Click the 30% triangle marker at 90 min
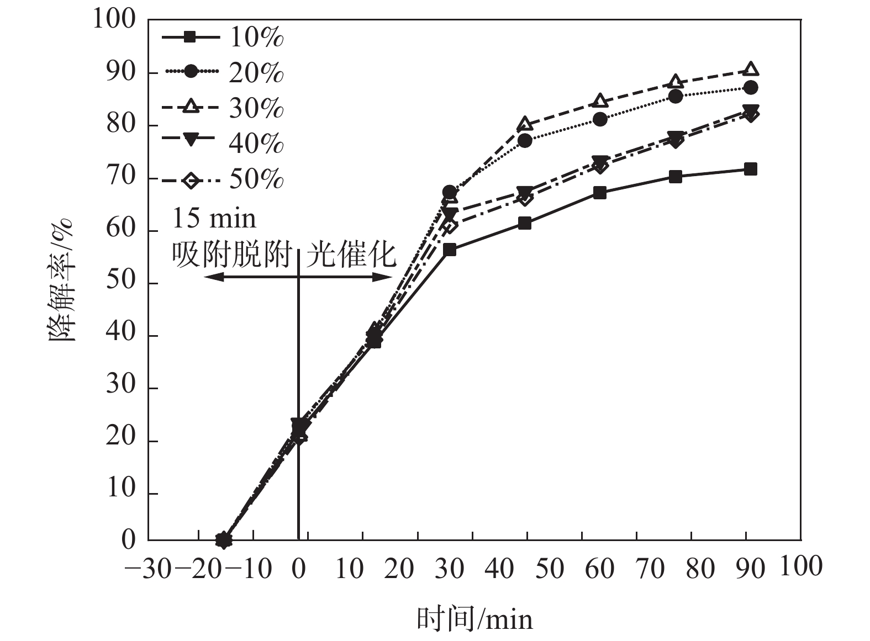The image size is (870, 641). point(751,69)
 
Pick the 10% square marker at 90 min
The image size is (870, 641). point(751,169)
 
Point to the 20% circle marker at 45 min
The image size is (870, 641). point(525,140)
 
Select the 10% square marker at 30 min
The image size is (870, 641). point(450,250)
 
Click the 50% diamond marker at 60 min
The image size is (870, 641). point(600,166)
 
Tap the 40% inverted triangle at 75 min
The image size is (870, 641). point(675,137)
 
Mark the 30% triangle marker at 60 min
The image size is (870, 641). point(600,102)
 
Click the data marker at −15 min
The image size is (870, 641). point(223,539)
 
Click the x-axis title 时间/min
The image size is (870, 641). point(474,619)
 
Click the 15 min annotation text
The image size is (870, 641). point(214,219)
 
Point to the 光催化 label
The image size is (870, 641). point(351,255)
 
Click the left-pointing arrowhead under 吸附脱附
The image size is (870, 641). point(210,277)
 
